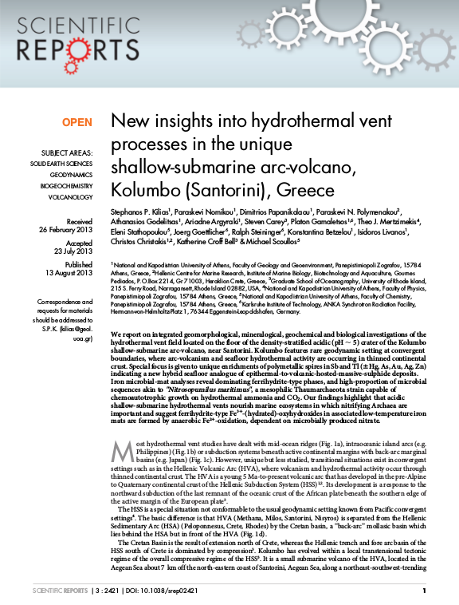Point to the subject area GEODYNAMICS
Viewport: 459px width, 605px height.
71,173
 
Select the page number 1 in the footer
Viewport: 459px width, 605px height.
423,591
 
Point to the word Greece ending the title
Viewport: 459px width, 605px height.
284,192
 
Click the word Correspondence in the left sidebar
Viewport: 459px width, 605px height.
65,302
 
